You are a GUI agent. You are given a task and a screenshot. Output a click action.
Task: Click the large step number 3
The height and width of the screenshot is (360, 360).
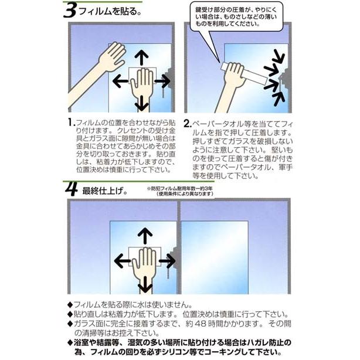(x=70, y=11)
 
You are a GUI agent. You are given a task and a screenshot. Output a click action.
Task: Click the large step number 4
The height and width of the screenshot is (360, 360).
(x=72, y=189)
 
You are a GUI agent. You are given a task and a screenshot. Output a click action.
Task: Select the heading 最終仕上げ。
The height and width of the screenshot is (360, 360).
(x=105, y=191)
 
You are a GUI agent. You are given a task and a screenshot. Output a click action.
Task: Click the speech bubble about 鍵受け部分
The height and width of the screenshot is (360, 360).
(x=236, y=17)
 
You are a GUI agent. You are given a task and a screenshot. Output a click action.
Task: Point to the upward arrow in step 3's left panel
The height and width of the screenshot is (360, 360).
(x=141, y=57)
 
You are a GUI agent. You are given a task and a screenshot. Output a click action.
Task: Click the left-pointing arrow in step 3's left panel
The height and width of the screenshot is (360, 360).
(x=120, y=81)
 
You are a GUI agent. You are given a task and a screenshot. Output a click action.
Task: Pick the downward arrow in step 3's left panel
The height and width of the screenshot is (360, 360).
(x=141, y=103)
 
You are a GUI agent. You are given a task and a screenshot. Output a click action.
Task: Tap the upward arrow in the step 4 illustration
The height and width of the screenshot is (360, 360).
(x=145, y=236)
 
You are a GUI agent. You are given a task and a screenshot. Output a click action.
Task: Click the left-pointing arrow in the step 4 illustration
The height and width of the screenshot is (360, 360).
(x=123, y=261)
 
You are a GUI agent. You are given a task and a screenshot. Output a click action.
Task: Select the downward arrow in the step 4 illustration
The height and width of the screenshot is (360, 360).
(x=145, y=284)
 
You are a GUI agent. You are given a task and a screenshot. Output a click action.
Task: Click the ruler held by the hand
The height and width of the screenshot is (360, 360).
(x=243, y=73)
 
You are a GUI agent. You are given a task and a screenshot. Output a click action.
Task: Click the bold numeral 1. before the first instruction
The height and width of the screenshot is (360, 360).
(x=72, y=123)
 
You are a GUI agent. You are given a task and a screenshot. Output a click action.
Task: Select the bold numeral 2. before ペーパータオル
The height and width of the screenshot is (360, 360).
(x=188, y=124)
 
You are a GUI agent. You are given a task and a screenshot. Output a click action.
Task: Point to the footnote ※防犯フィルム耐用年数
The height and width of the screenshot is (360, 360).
(x=181, y=191)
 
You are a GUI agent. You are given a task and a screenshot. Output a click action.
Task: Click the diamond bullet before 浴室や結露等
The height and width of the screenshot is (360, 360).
(x=70, y=343)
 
